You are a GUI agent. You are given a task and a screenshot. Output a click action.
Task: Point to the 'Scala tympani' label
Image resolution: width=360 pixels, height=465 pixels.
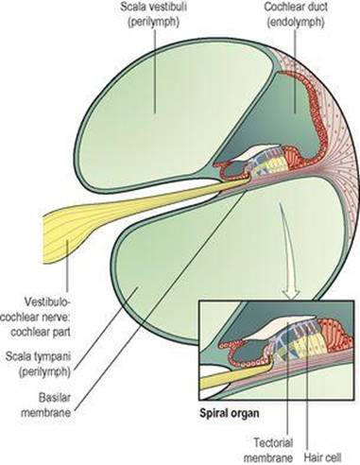[x=38, y=364]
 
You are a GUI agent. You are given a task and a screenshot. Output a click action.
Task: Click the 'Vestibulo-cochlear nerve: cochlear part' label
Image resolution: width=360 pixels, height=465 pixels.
[x=35, y=317]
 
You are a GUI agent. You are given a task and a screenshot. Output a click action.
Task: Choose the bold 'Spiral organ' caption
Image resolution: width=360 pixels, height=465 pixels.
[x=230, y=413]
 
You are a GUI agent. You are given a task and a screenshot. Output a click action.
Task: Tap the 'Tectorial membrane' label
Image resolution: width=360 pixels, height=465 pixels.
[x=268, y=450]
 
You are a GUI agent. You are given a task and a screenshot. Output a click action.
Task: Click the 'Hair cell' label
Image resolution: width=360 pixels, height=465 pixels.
[x=322, y=456]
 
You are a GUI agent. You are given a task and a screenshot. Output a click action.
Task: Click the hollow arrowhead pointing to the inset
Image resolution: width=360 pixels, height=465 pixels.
[x=291, y=292]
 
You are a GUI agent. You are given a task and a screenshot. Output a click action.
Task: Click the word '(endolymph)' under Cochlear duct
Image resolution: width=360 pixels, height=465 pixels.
[x=296, y=23]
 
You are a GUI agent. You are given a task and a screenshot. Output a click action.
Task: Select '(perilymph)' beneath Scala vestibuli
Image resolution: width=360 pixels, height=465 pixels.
[x=154, y=23]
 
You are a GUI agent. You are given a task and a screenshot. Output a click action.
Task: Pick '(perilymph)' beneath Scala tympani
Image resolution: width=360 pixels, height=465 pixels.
[x=44, y=371]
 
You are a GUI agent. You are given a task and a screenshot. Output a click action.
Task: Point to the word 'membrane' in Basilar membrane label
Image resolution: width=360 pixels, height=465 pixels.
[x=46, y=413]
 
